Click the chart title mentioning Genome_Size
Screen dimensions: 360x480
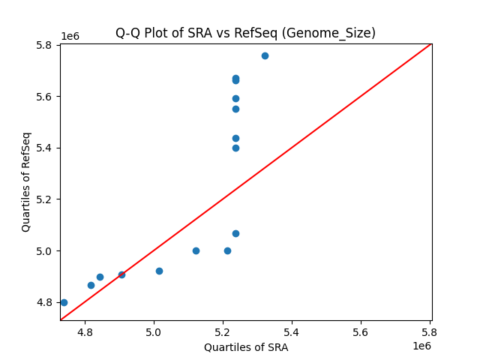pyautogui.click(x=245, y=33)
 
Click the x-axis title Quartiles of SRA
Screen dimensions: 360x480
pyautogui.click(x=245, y=347)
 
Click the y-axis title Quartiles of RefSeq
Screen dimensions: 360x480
pyautogui.click(x=26, y=181)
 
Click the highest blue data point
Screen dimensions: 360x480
pyautogui.click(x=265, y=55)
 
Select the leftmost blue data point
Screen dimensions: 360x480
pyautogui.click(x=64, y=302)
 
